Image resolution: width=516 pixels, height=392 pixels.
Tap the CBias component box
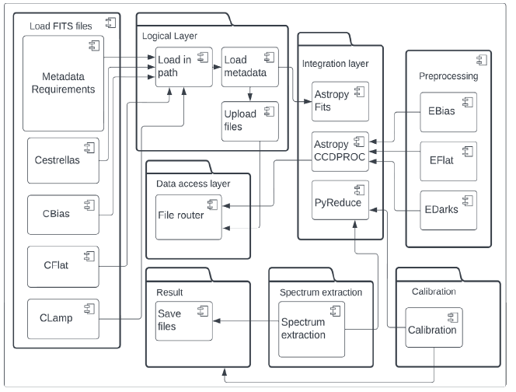coord(61,213)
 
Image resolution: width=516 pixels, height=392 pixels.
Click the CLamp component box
coord(61,320)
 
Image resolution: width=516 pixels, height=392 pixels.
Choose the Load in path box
coord(183,68)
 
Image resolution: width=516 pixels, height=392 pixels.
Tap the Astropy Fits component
coord(339,100)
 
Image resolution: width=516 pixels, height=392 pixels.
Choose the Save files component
coord(183,320)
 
